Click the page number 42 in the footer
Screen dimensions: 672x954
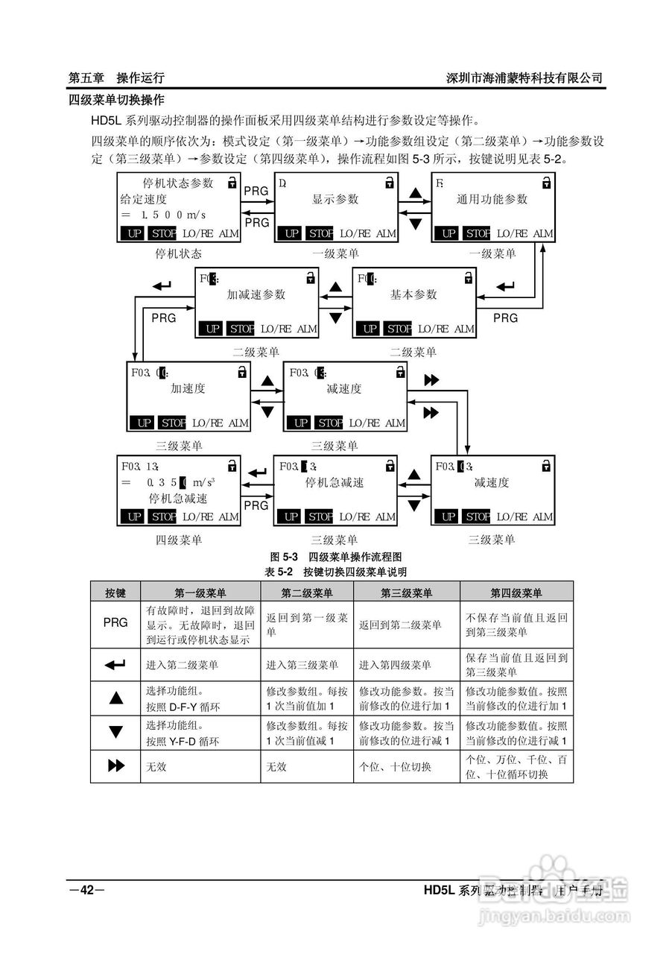click(87, 890)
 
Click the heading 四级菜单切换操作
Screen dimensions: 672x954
click(116, 99)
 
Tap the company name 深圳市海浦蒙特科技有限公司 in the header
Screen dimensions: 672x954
click(524, 78)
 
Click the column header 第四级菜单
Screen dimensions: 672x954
click(516, 593)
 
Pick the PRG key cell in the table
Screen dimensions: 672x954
click(115, 622)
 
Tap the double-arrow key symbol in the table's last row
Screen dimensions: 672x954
click(115, 766)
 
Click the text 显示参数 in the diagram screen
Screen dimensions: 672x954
click(335, 199)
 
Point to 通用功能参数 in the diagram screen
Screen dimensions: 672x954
click(492, 199)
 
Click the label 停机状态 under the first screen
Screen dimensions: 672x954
click(178, 253)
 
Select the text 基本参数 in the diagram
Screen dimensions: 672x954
click(413, 294)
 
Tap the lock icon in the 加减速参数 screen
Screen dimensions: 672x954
click(310, 278)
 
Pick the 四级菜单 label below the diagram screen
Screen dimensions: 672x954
click(178, 540)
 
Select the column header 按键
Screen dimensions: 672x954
click(115, 593)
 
